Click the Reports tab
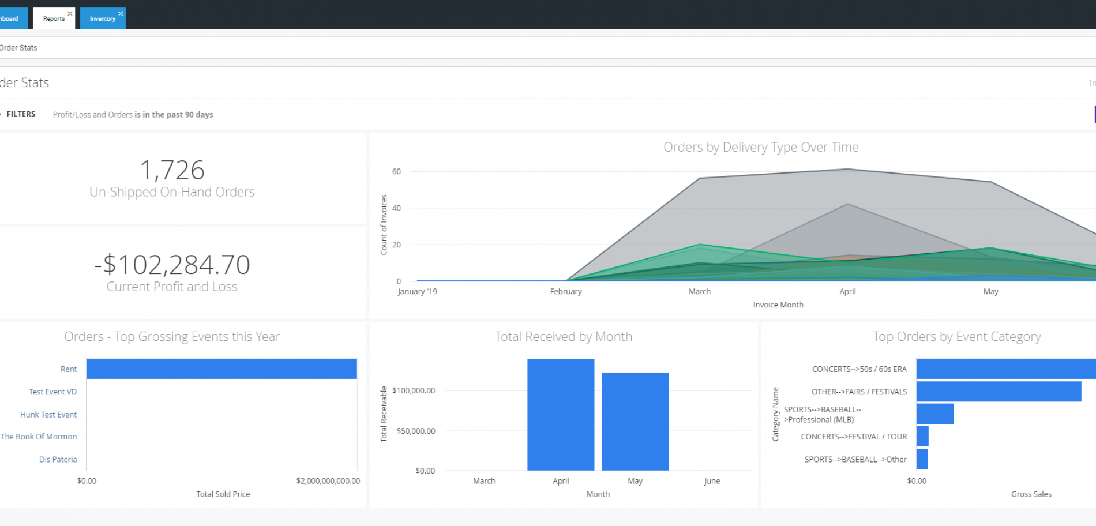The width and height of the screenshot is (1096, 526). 54,18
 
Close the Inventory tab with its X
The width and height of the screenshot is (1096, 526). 121,13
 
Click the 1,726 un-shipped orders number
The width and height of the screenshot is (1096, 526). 172,170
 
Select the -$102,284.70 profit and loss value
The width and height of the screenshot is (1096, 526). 172,265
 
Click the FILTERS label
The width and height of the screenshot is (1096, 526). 21,114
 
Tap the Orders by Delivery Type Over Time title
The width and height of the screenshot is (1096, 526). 760,147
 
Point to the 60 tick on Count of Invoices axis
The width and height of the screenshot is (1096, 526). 396,171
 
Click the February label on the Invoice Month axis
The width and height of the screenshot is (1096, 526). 565,291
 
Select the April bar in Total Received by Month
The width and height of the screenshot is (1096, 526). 560,415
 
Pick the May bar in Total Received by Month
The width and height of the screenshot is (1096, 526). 635,421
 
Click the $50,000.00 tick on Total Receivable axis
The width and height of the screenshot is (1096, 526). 415,431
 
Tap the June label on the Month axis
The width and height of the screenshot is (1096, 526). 711,481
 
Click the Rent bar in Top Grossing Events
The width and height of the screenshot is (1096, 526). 222,369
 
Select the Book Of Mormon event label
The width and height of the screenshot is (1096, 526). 39,437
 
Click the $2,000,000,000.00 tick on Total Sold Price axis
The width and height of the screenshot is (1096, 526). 328,481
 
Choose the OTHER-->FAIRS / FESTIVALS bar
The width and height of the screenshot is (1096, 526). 998,392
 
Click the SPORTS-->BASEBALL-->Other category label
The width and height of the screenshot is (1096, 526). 855,460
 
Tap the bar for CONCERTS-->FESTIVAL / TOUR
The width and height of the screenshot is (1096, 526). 922,437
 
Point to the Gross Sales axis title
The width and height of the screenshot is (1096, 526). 1031,494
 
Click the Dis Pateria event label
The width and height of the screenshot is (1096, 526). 58,460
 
